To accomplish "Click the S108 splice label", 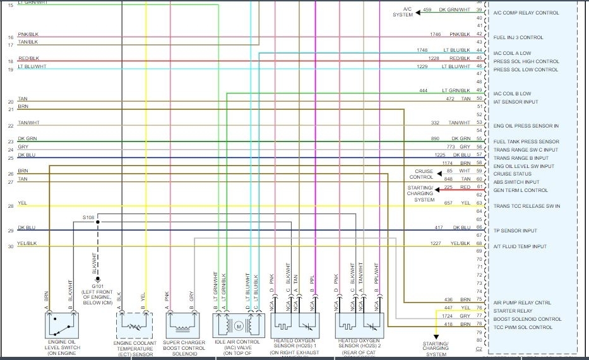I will [x=90, y=217].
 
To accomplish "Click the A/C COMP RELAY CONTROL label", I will [x=526, y=13].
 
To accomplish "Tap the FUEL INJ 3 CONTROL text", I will [x=518, y=37].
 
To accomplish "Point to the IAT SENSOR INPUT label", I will [x=516, y=102].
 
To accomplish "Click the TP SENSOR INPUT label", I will [x=515, y=231].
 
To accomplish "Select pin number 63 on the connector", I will [x=480, y=203].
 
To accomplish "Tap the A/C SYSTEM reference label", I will [x=403, y=12].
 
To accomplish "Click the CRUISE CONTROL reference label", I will [x=424, y=174].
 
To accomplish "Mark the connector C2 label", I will [x=479, y=348].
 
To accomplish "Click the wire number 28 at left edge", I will [x=10, y=207].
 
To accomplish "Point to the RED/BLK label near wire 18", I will [x=28, y=58].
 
